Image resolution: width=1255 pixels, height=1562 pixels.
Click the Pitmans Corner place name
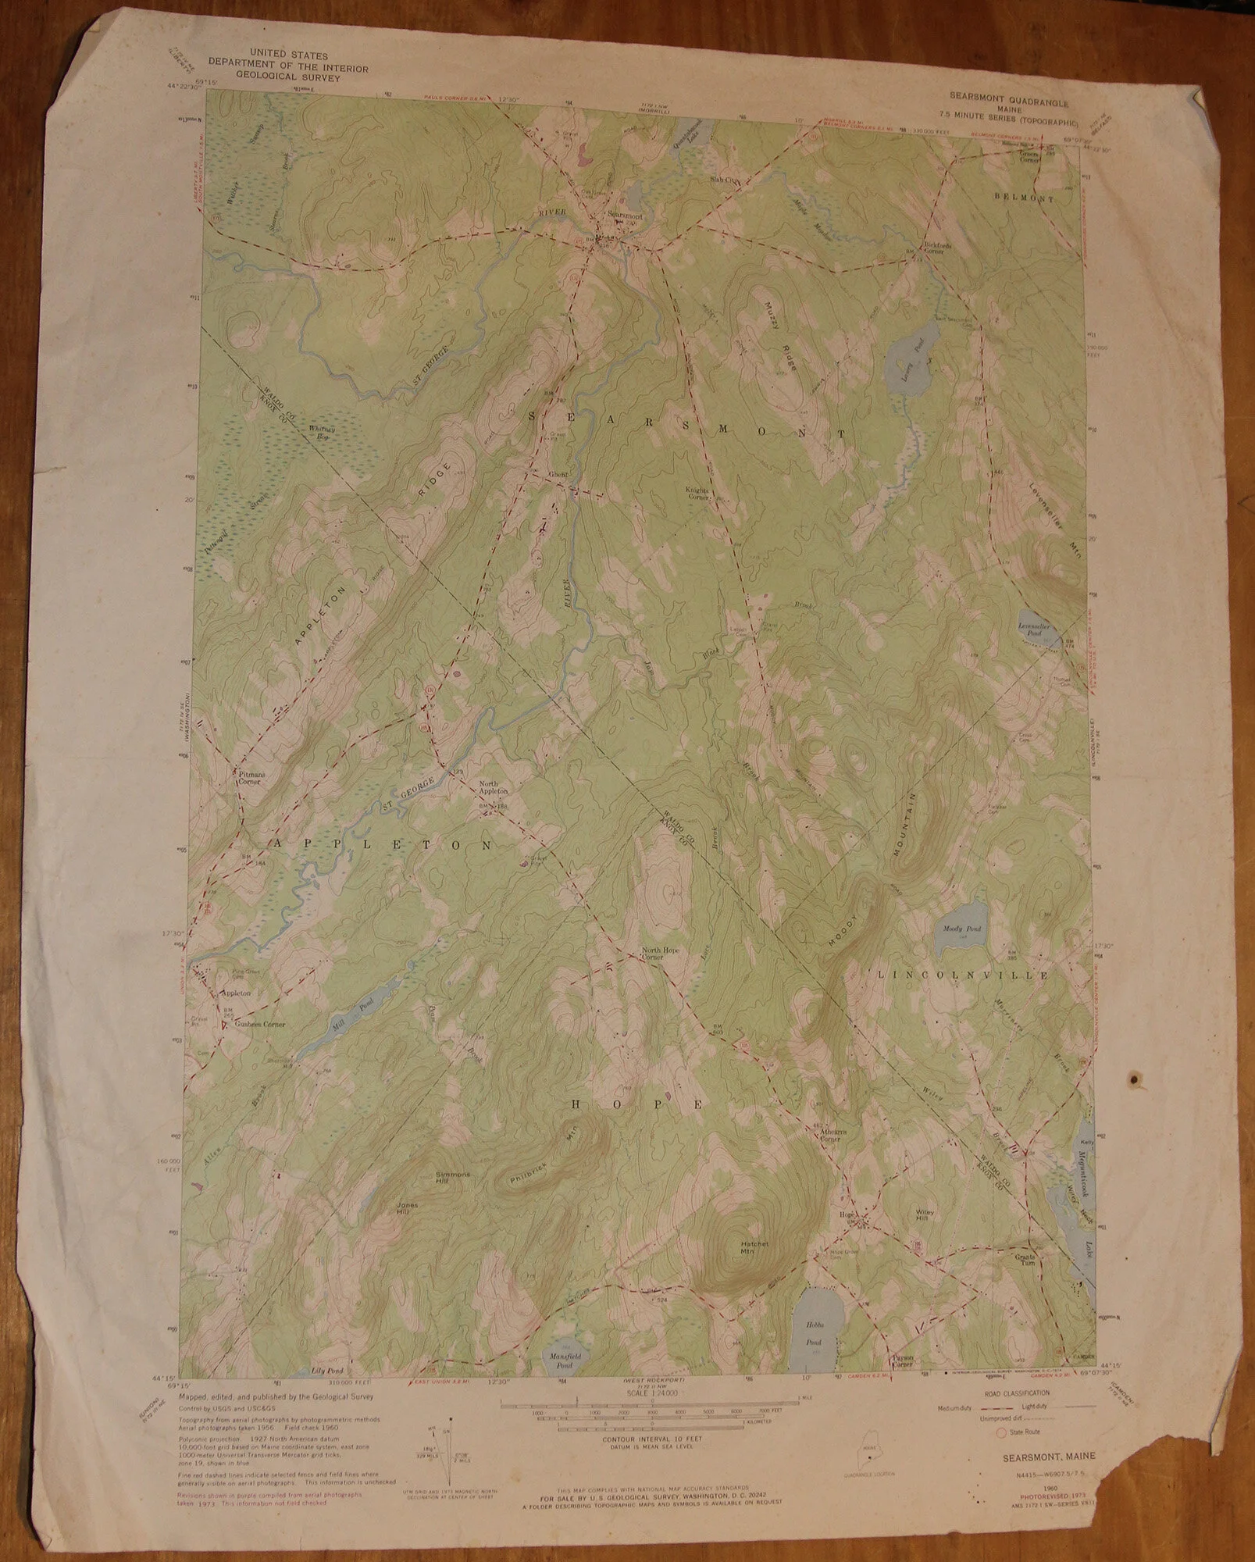(x=248, y=776)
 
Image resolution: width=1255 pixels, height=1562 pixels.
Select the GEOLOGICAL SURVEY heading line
(x=288, y=77)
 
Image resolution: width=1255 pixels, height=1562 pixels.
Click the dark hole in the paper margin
(x=1132, y=1079)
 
